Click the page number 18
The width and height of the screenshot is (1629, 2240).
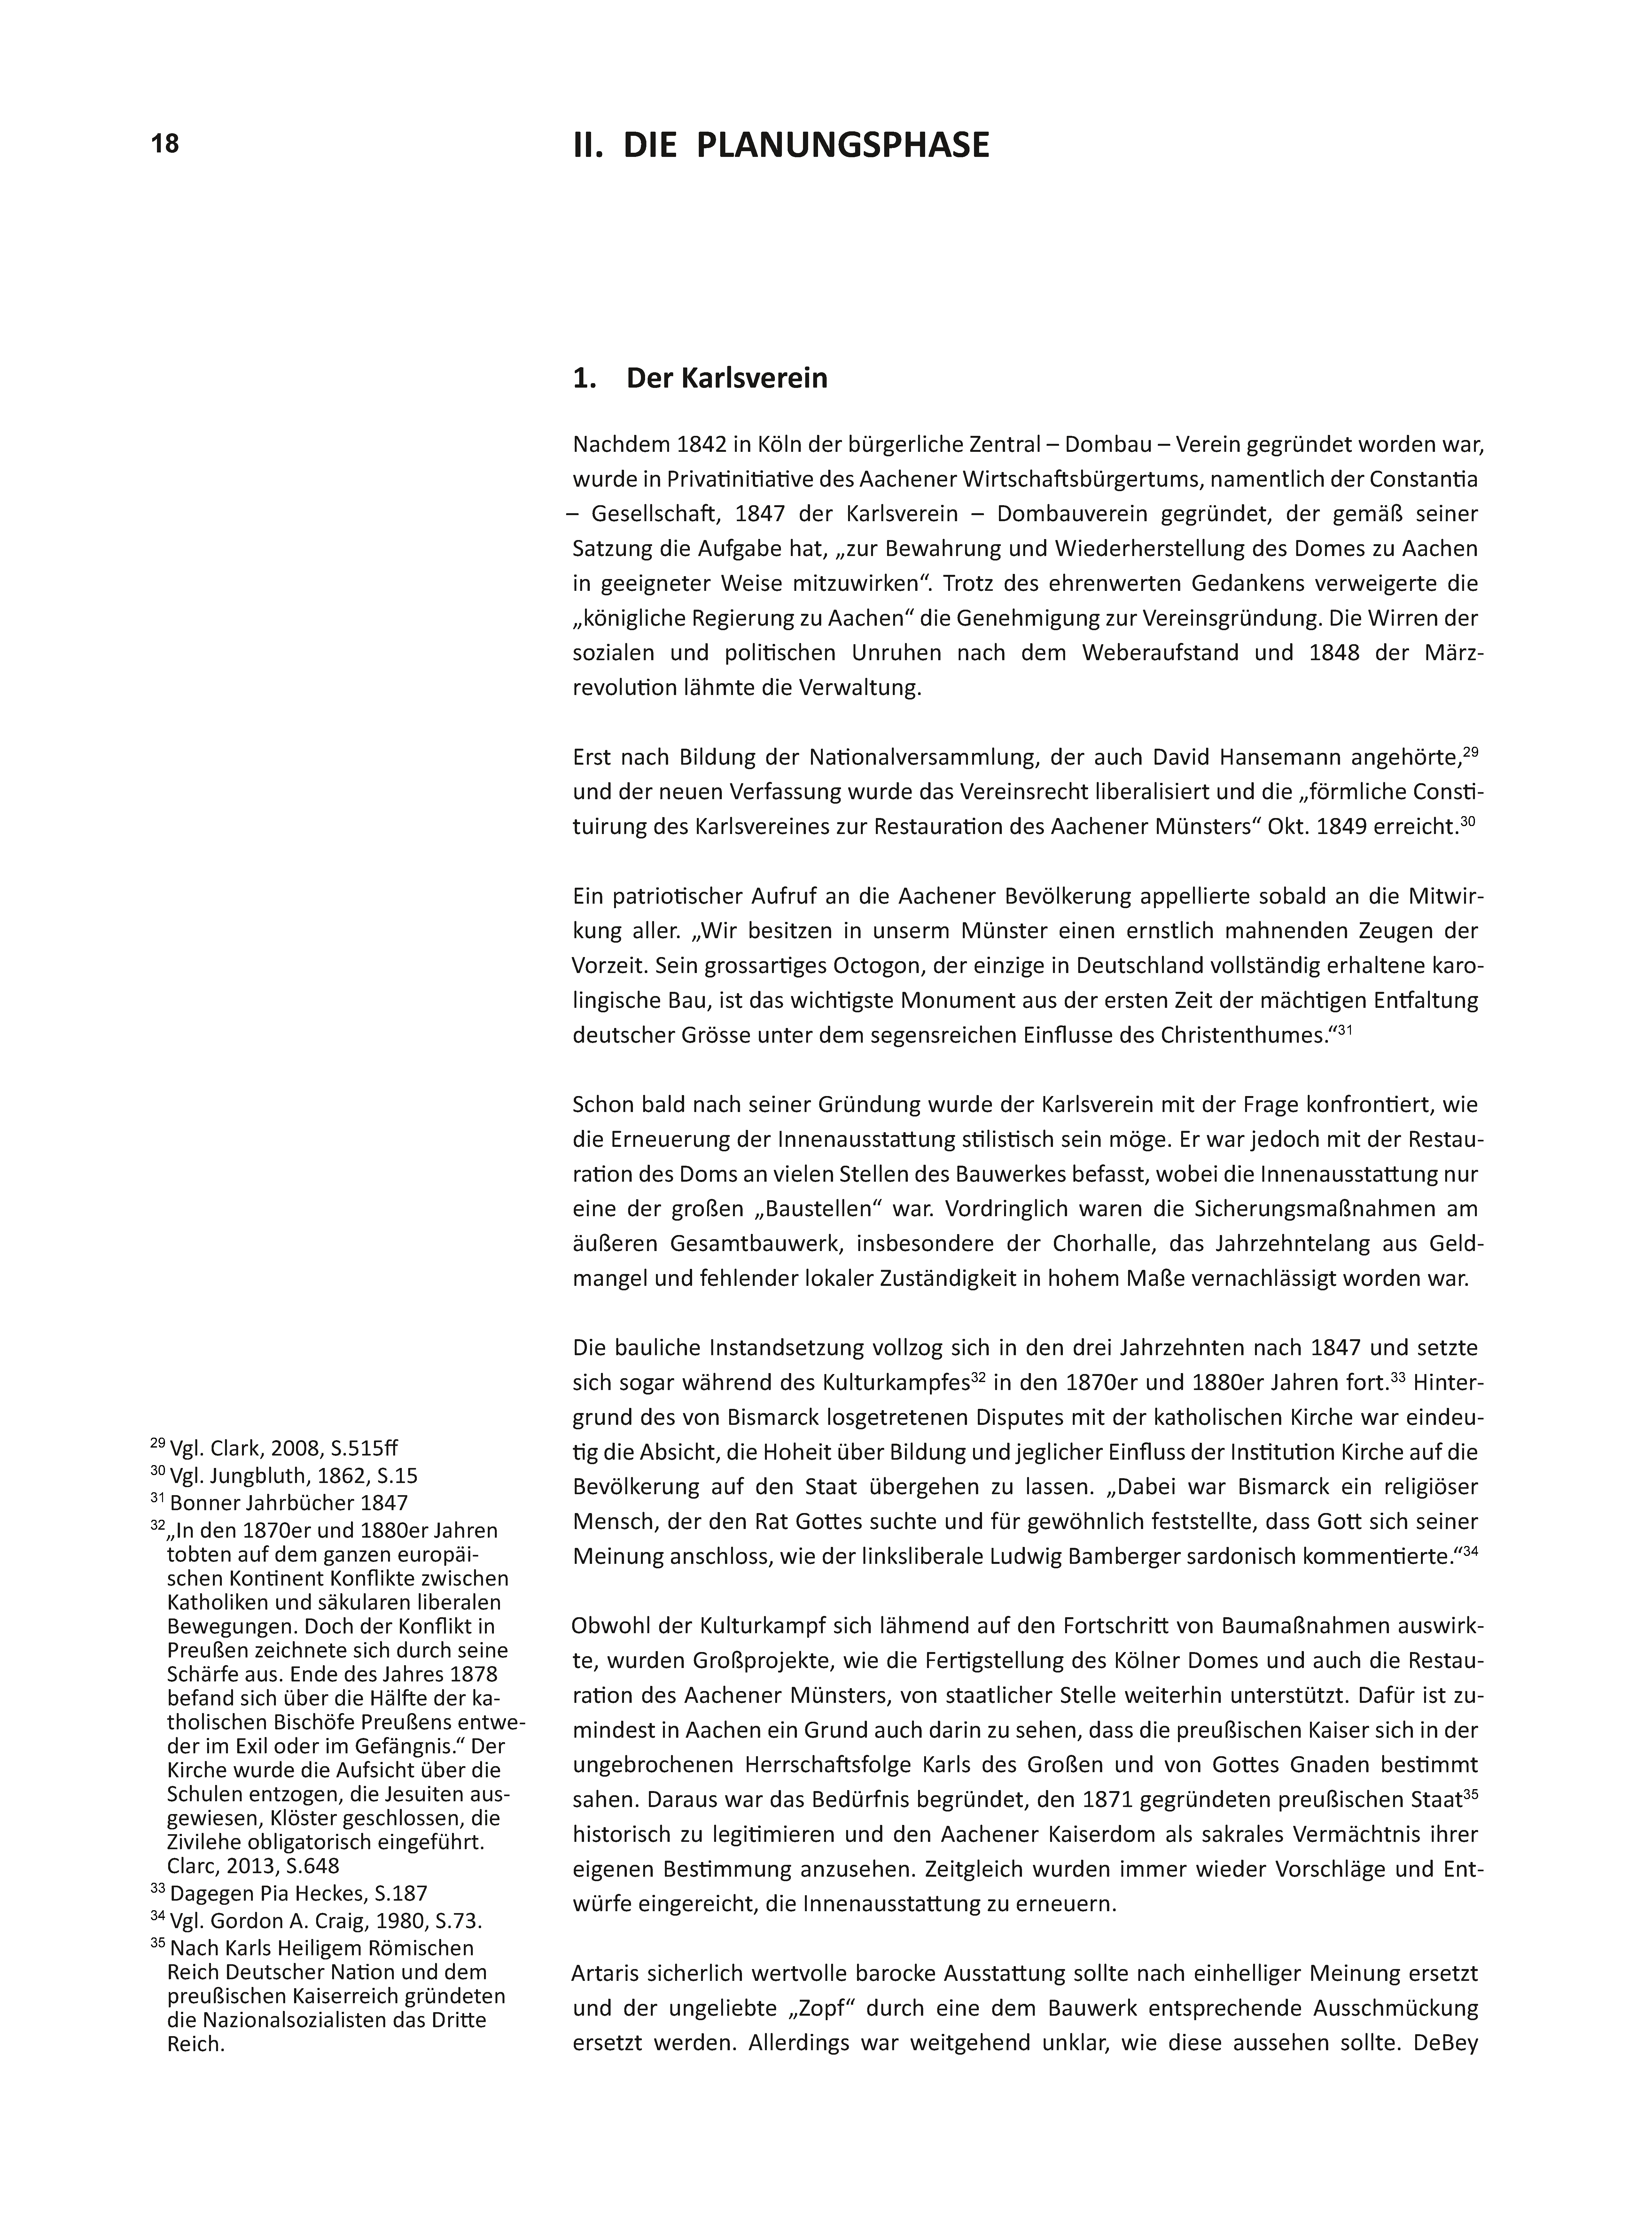(x=165, y=144)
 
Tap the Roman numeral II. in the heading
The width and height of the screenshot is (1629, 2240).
(x=590, y=145)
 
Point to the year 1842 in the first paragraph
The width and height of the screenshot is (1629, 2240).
(x=697, y=445)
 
